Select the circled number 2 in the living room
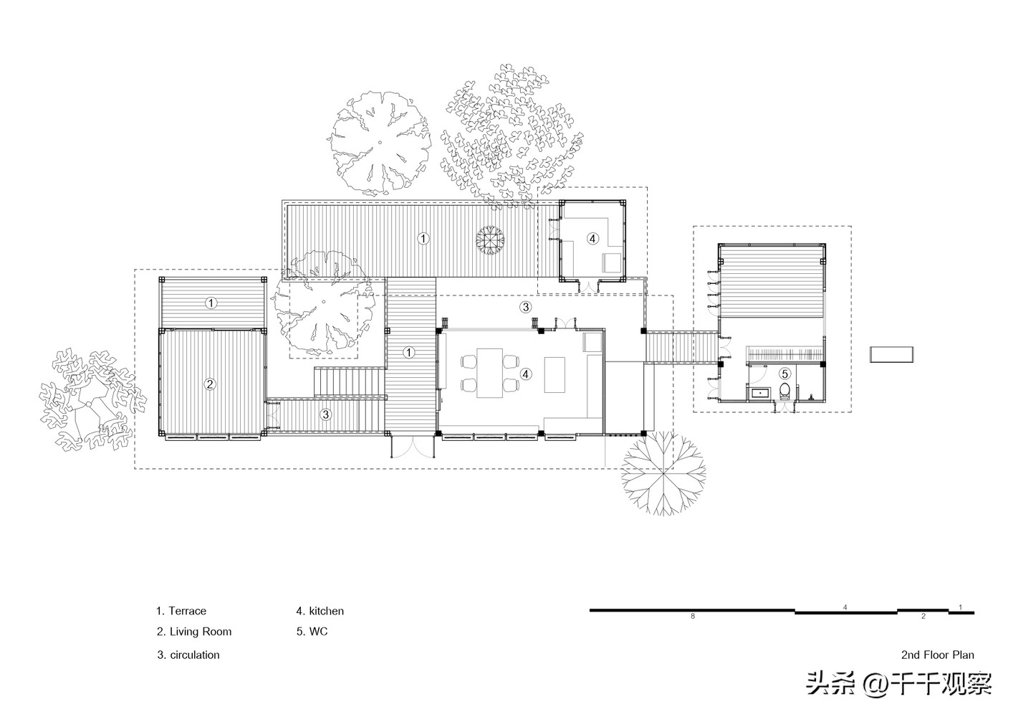209,384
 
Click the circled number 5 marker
785,374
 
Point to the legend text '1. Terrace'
181,611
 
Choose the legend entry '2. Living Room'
194,632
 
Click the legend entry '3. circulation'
188,655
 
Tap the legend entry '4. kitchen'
320,611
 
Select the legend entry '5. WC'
312,632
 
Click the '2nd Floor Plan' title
938,655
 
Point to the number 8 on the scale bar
692,616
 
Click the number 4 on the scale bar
845,607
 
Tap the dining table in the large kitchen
490,373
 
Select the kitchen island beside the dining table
554,374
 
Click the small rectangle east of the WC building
892,354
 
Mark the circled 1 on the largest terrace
423,239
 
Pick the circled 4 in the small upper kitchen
592,239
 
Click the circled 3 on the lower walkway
325,414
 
